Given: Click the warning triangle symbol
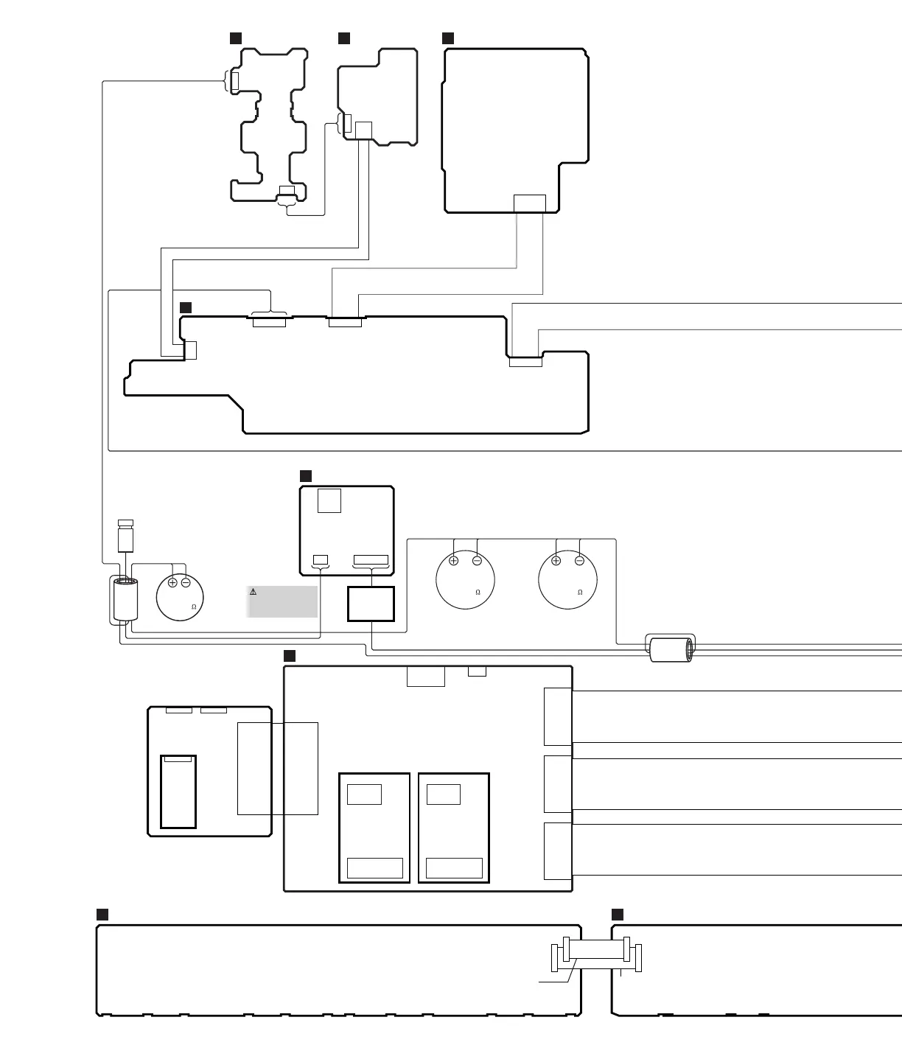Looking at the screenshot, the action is pos(253,592).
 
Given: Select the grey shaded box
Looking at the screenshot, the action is pos(282,602).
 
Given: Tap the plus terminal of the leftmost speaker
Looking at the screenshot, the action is pos(172,582).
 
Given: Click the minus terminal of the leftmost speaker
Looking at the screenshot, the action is pos(186,582).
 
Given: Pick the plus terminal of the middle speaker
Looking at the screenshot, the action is pos(454,561).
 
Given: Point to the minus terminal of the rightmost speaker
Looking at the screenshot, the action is pos(579,561).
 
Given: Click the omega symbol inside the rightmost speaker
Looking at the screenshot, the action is pos(580,593).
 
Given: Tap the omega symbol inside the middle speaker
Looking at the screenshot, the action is pos(478,593).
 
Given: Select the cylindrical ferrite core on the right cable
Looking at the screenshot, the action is pos(671,650).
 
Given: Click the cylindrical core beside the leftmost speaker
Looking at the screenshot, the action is pos(125,599).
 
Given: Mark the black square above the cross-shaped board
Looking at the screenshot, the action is pos(236,38).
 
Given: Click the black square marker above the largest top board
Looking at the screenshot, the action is pos(448,38).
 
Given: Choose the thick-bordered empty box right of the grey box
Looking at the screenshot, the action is pos(371,604).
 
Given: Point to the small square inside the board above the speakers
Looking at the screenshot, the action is pos(329,501).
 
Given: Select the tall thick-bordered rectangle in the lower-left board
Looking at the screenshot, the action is pos(178,792).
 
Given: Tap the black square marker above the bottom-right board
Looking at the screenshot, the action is pos(617,914).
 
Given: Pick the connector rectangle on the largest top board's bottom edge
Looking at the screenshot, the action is pos(530,203).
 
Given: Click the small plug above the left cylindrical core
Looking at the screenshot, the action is pos(126,536).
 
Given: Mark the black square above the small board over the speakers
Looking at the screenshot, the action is pos(306,476).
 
